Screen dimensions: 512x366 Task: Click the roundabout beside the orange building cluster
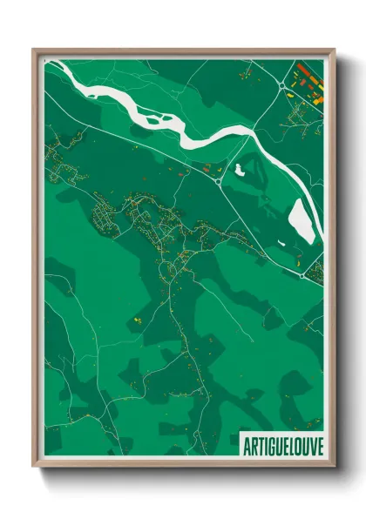pyautogui.click(x=284, y=84)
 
